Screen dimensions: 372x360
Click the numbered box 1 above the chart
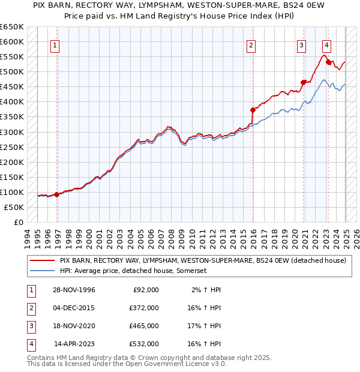[x=55, y=44]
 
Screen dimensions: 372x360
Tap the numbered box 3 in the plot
[x=301, y=44]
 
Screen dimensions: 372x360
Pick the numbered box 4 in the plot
[x=326, y=44]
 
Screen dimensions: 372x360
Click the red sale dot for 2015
[x=253, y=110]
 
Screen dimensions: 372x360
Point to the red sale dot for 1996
[x=56, y=194]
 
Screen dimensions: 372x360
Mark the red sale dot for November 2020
[x=304, y=82]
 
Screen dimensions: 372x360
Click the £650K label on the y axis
[x=11, y=27]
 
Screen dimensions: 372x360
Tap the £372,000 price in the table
[x=144, y=307]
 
